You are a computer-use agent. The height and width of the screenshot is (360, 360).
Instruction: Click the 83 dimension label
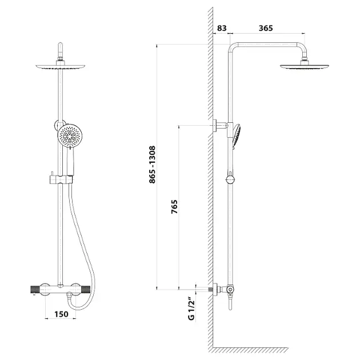point(222,28)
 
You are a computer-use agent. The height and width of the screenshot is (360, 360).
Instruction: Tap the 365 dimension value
point(266,28)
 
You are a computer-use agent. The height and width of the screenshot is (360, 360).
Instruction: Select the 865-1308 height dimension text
point(152,165)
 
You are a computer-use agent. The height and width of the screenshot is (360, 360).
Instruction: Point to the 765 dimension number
point(174,207)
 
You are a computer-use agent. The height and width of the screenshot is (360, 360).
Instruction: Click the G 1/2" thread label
point(191,309)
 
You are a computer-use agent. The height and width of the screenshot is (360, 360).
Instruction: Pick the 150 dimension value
point(61,314)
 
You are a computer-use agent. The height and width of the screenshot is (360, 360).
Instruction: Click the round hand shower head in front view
point(70,135)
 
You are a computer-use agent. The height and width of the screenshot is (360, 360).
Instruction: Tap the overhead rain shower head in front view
point(61,67)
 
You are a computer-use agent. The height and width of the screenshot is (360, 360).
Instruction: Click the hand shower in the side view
point(237,136)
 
